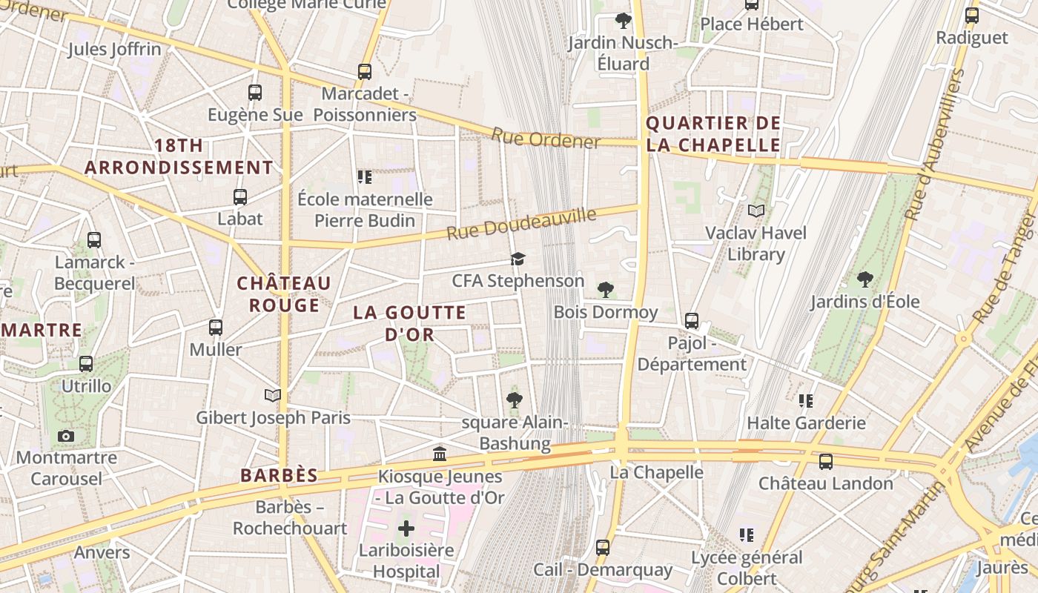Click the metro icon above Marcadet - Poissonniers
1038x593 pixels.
coord(364,72)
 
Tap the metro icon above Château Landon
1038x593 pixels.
coord(825,462)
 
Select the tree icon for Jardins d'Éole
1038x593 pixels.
coord(865,279)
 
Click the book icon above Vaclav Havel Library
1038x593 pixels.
coord(756,211)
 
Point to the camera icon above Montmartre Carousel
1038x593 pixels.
coord(66,436)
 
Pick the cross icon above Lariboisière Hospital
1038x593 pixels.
coord(406,529)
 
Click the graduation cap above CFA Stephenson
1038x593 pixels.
coord(518,259)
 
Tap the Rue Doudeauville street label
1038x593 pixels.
coord(521,223)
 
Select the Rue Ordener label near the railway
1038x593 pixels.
coord(545,138)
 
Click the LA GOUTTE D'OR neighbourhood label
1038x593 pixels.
coord(409,323)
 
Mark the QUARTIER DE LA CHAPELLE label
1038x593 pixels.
coord(713,134)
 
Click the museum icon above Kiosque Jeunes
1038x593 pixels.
coord(440,454)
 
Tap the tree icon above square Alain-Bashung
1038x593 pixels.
coord(514,400)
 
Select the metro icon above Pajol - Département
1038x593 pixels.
coord(691,321)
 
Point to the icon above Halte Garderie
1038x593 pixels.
coord(806,401)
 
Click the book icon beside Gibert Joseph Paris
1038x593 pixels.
coord(273,396)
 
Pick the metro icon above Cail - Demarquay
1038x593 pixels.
coord(603,548)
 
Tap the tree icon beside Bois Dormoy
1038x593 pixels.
coord(605,289)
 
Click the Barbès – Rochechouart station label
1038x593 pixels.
coord(290,517)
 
